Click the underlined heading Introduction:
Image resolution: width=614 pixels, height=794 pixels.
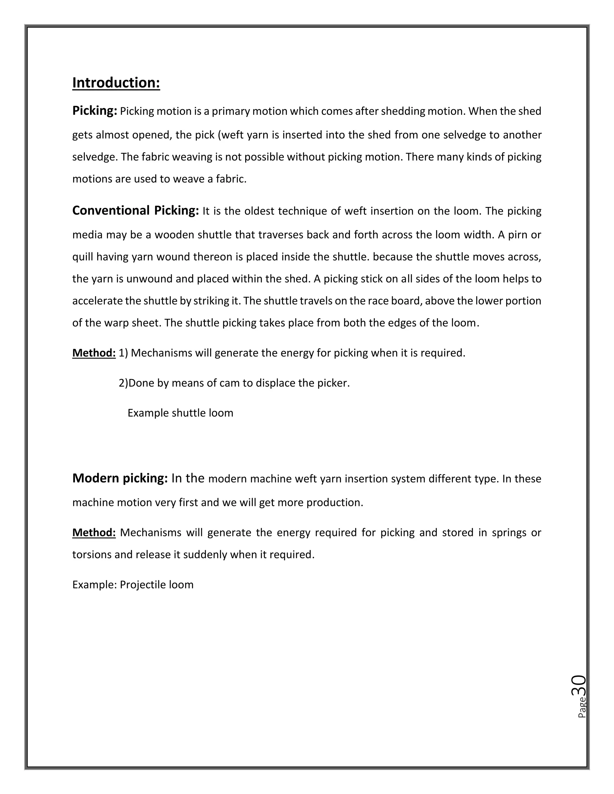tap(116, 83)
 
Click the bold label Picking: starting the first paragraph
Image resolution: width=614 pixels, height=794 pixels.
tap(94, 111)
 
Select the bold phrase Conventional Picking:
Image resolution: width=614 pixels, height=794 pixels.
tap(135, 211)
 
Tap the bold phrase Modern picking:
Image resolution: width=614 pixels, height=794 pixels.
tap(120, 478)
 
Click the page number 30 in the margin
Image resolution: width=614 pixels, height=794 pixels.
tap(578, 685)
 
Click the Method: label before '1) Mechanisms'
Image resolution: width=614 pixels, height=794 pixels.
tap(94, 353)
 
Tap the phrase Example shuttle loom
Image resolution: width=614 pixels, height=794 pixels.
tap(180, 413)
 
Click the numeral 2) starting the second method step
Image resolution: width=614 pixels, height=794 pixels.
tap(123, 383)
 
